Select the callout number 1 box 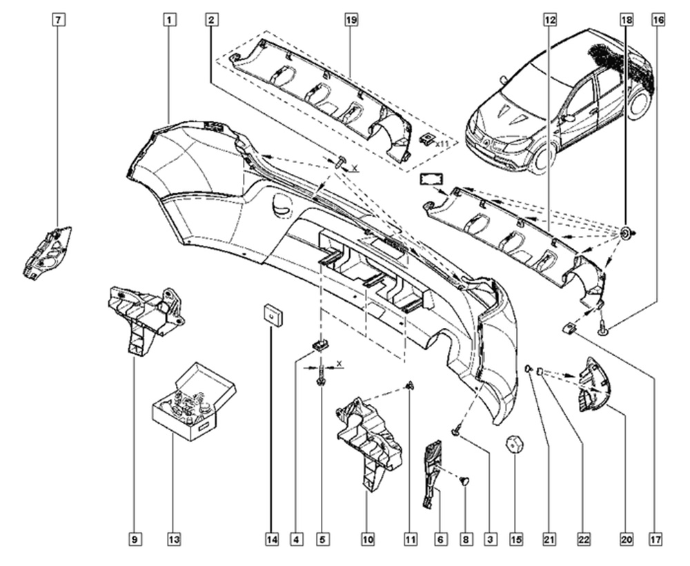pyautogui.click(x=168, y=20)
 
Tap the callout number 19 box pyautogui.click(x=350, y=20)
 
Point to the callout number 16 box pyautogui.click(x=658, y=20)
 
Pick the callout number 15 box pyautogui.click(x=516, y=538)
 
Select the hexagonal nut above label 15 pyautogui.click(x=515, y=443)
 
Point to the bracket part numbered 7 pyautogui.click(x=48, y=251)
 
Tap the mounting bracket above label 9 pyautogui.click(x=146, y=314)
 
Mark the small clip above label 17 pyautogui.click(x=569, y=327)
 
